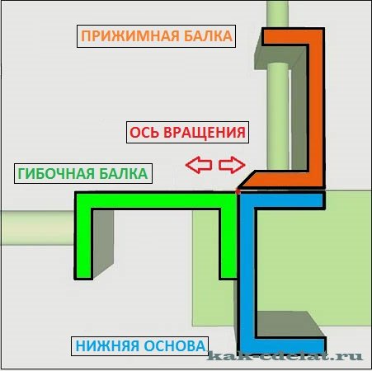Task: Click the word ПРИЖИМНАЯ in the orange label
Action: pyautogui.click(x=129, y=36)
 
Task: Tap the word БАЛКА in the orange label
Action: pyautogui.click(x=208, y=36)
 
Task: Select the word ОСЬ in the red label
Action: pyautogui.click(x=144, y=133)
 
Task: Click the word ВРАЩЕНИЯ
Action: pyautogui.click(x=205, y=133)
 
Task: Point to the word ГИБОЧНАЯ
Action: pyautogui.click(x=56, y=174)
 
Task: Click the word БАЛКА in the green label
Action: pyautogui.click(x=124, y=174)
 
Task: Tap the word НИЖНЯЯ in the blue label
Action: pyautogui.click(x=107, y=345)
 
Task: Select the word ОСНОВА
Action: pyautogui.click(x=175, y=345)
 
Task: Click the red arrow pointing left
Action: pyautogui.click(x=199, y=165)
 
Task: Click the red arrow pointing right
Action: pyautogui.click(x=232, y=165)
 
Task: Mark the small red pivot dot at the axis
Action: pyautogui.click(x=238, y=191)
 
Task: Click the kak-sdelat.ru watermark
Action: pyautogui.click(x=285, y=356)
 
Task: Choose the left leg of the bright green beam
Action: pyautogui.click(x=83, y=236)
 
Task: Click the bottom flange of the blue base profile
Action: pyautogui.click(x=282, y=345)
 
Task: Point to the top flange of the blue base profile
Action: pyautogui.click(x=282, y=200)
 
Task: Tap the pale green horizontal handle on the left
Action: pyautogui.click(x=37, y=228)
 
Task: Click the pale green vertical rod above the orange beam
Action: pyautogui.click(x=278, y=14)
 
